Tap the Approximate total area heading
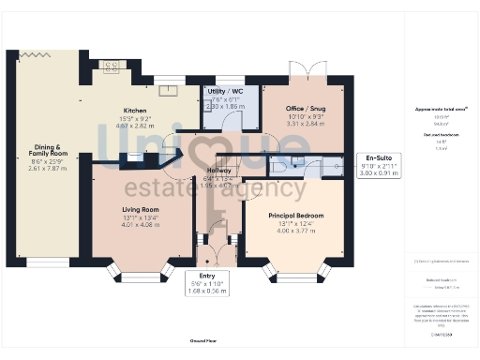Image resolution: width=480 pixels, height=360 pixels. click(437, 110)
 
